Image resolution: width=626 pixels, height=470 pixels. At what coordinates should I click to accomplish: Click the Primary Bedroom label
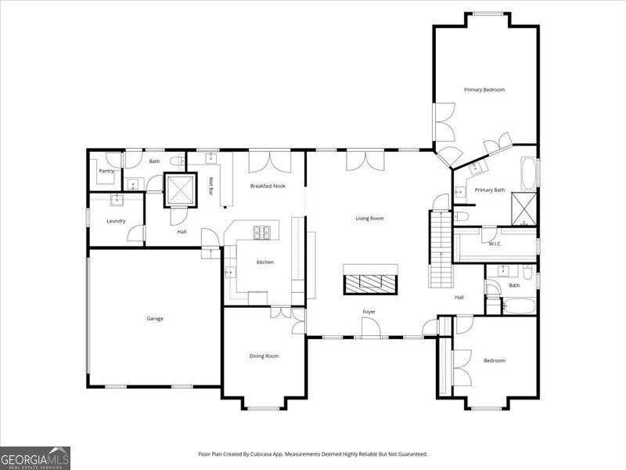point(484,90)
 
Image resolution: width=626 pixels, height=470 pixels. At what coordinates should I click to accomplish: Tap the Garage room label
point(155,319)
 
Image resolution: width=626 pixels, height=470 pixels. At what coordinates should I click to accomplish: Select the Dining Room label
point(264,356)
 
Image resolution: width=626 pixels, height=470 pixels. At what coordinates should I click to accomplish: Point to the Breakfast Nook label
point(268,186)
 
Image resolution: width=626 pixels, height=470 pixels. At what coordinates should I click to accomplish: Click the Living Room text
point(369,219)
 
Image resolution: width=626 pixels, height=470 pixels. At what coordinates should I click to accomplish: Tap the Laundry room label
point(116,221)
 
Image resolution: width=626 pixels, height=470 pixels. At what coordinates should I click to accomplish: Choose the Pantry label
point(106,171)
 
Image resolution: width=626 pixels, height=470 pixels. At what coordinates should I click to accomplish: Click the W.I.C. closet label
point(495,244)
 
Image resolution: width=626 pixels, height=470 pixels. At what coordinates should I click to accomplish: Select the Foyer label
point(369,312)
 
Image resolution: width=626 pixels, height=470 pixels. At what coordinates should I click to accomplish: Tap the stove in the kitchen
point(261,233)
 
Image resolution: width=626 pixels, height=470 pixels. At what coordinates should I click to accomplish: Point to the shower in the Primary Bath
point(524,209)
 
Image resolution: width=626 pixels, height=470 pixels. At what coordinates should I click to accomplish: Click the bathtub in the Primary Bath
point(528,173)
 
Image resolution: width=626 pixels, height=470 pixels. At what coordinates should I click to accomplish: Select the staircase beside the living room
point(441,248)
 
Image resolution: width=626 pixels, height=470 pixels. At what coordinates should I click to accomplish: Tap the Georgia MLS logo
point(35,458)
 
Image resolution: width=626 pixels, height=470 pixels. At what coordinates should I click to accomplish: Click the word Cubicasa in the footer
point(261,454)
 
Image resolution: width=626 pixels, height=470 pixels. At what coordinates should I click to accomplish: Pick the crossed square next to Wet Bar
point(181,190)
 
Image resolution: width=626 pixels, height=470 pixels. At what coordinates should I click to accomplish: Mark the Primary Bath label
point(490,190)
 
